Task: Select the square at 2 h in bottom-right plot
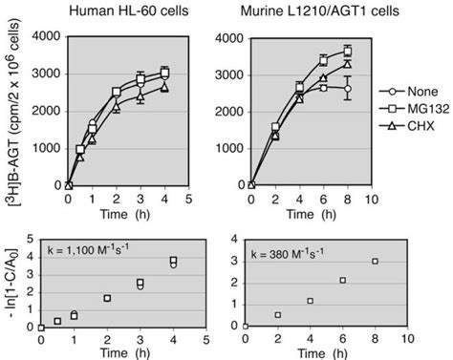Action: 277,315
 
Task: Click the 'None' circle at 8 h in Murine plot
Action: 348,89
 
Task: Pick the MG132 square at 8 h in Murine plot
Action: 348,51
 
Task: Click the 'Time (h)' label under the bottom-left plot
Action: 128,352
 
